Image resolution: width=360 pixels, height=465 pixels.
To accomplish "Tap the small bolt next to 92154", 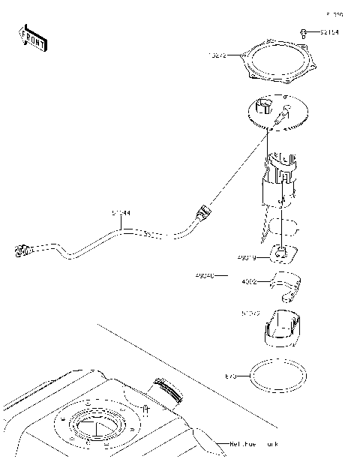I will click(304, 32).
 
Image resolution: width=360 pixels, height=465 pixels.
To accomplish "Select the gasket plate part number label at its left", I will click(217, 55).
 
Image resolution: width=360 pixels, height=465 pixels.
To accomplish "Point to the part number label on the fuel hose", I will click(121, 213).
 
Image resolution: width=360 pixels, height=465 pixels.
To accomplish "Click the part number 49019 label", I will click(247, 258).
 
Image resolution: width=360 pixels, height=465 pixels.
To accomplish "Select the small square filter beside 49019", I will click(282, 255).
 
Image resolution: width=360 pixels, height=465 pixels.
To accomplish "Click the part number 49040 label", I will click(204, 276).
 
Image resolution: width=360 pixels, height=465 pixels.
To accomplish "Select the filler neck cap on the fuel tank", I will click(166, 390).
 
